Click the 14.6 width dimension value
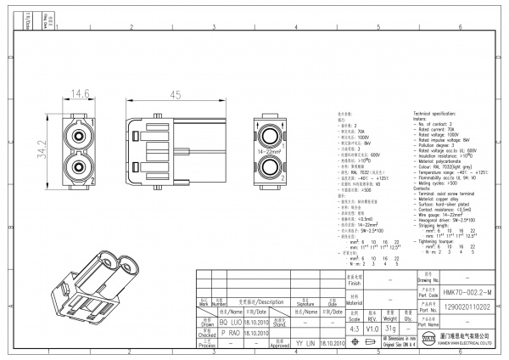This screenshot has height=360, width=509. [80, 93]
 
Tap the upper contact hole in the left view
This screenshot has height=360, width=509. [80, 135]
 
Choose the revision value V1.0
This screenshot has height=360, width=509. [372, 328]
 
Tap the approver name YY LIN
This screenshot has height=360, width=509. [305, 344]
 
